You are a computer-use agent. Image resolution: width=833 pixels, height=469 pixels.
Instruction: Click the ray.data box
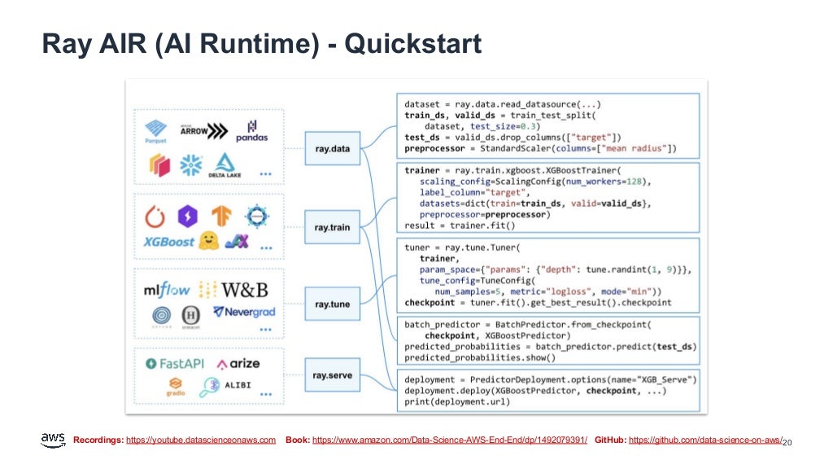point(332,149)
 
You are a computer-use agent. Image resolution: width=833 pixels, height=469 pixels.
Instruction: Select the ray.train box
point(332,227)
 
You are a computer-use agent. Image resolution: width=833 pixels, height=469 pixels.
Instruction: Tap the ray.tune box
point(332,304)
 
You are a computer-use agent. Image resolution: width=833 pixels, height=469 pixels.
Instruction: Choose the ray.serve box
point(332,375)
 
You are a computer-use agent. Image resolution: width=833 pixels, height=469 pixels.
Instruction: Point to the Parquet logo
point(155,131)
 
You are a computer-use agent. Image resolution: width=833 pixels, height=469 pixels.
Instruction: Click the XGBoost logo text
point(168,242)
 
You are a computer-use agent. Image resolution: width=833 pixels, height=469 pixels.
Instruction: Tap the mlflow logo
point(167,290)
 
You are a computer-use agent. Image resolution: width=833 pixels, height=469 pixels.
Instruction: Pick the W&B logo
point(245,290)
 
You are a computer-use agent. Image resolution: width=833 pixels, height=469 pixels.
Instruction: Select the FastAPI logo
point(174,363)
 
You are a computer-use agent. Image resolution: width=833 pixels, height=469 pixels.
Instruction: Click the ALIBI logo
point(231,384)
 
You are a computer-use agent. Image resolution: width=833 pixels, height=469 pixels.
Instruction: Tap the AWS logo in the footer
point(53,440)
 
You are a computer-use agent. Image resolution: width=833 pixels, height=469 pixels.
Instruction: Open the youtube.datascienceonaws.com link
point(201,440)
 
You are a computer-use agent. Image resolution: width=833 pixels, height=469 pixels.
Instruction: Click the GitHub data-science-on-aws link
point(704,440)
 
